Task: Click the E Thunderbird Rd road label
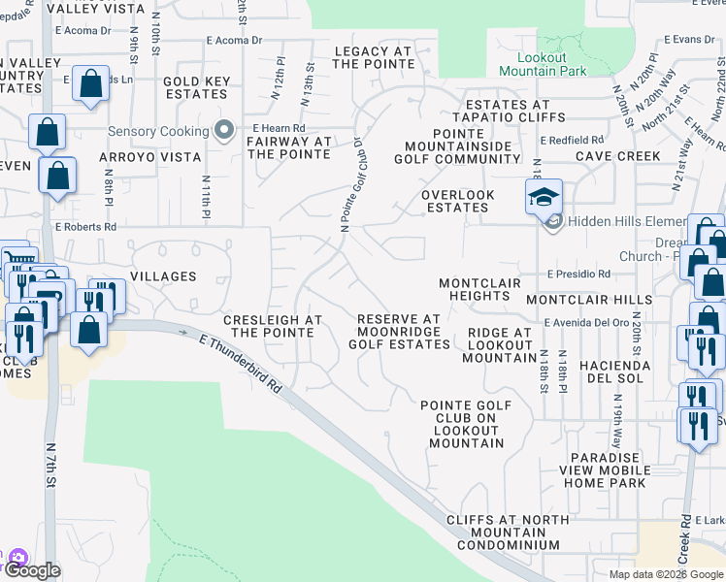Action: click(241, 364)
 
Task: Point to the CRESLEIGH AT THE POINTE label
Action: click(272, 326)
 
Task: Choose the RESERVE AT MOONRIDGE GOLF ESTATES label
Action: click(399, 331)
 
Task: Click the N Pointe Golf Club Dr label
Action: click(351, 183)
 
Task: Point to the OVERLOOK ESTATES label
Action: click(458, 201)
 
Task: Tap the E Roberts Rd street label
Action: click(85, 226)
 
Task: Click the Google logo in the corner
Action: click(31, 570)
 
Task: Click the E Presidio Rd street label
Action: click(578, 275)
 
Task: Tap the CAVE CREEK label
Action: click(617, 155)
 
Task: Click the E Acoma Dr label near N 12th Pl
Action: click(235, 41)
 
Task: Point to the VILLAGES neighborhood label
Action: click(163, 276)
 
